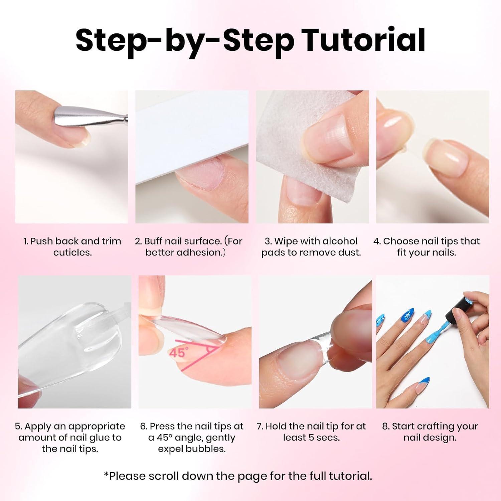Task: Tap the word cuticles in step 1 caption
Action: pos(72,253)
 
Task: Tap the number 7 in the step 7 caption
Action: pos(259,427)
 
